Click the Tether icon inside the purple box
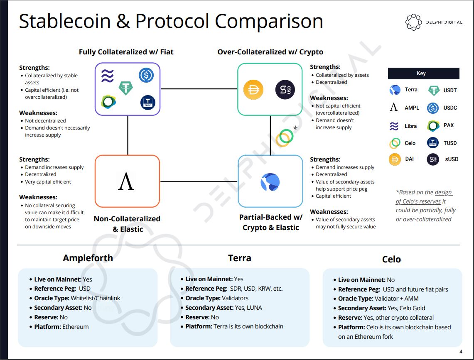pyautogui.click(x=125, y=87)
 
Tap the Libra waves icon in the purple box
pyautogui.click(x=107, y=76)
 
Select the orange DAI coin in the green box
pyautogui.click(x=253, y=90)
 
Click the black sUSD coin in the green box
pyautogui.click(x=285, y=90)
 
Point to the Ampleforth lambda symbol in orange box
pyautogui.click(x=126, y=181)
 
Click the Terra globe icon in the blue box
pyautogui.click(x=270, y=182)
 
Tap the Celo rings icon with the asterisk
pyautogui.click(x=285, y=137)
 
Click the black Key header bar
pyautogui.click(x=423, y=73)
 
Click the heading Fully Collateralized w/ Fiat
pyautogui.click(x=126, y=52)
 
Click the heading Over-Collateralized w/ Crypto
pyautogui.click(x=270, y=52)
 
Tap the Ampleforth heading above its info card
pyautogui.click(x=88, y=258)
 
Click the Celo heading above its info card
pyautogui.click(x=391, y=260)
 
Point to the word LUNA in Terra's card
pyautogui.click(x=254, y=308)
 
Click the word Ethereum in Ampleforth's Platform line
pyautogui.click(x=76, y=327)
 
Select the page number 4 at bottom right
pyautogui.click(x=461, y=352)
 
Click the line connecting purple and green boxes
pyautogui.click(x=199, y=89)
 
